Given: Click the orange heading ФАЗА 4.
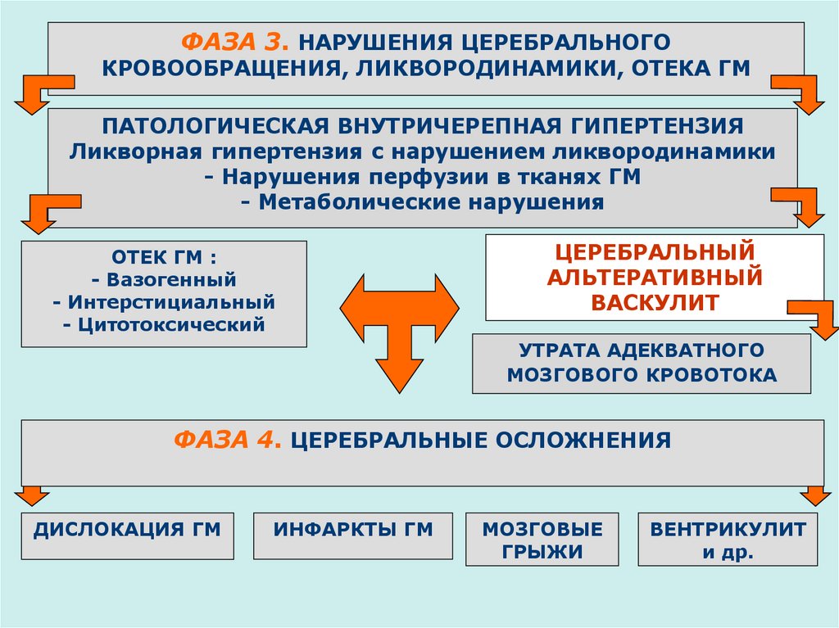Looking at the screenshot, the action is (x=228, y=441).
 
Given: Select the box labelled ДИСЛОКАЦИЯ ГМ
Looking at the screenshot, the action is (x=127, y=531).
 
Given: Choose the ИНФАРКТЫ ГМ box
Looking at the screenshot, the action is (x=352, y=531).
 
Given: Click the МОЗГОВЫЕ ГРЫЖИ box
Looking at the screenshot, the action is (x=542, y=540).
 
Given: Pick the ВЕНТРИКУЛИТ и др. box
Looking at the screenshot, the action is (x=728, y=540).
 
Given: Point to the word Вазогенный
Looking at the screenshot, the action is (x=164, y=280).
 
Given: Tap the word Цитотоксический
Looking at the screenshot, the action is (x=164, y=325).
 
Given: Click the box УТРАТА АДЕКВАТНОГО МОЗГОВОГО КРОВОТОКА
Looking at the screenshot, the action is (x=642, y=363).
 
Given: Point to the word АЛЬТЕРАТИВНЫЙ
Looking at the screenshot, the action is (x=655, y=277).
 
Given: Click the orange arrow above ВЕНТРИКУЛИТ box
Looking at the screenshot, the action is (x=814, y=495).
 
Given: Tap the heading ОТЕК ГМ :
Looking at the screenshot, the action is (x=164, y=257).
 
